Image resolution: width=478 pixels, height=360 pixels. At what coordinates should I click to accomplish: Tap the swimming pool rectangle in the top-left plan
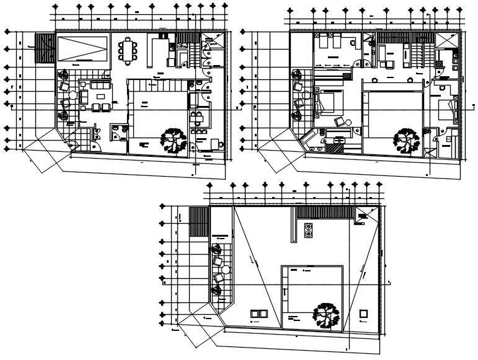click(x=83, y=48)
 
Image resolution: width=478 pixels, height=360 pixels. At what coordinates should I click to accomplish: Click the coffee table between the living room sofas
click(x=100, y=97)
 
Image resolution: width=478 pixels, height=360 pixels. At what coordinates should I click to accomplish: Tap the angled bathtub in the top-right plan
click(x=308, y=141)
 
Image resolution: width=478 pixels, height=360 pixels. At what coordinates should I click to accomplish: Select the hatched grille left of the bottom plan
click(x=198, y=222)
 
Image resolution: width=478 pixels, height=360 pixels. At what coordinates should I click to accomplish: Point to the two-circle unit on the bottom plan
click(x=308, y=231)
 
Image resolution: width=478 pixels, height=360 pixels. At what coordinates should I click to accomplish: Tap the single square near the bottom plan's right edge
click(x=364, y=314)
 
